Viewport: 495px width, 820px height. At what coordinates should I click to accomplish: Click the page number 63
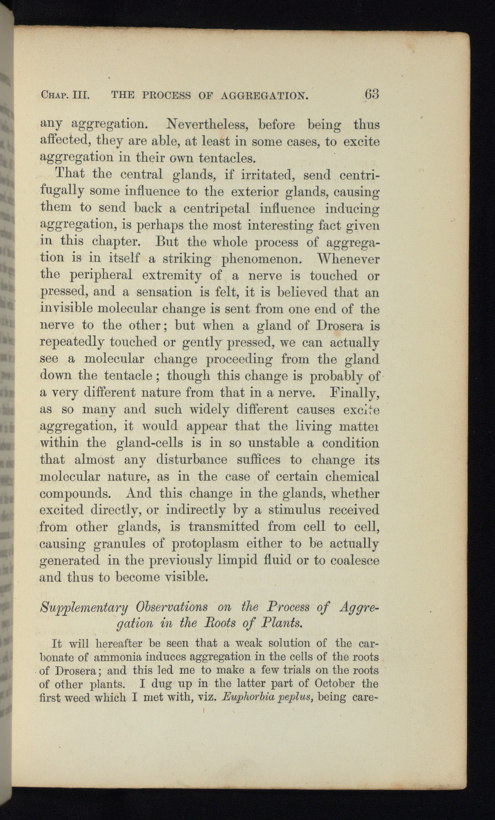[371, 94]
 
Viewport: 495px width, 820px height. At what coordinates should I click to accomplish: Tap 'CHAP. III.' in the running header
[65, 96]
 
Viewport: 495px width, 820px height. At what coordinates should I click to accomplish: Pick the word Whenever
[349, 259]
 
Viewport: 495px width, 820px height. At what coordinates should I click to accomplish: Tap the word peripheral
[100, 276]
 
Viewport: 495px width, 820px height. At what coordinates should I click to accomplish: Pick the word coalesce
[355, 560]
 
